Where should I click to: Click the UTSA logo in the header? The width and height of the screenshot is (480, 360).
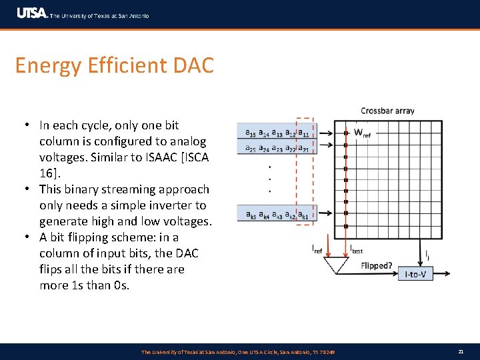[x=32, y=13]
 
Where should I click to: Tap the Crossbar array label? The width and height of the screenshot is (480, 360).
[x=387, y=111]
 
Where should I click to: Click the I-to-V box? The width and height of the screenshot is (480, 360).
[x=415, y=274]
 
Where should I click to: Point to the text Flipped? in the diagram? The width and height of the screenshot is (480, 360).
[x=377, y=265]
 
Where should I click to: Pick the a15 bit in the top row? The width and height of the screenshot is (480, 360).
[x=251, y=132]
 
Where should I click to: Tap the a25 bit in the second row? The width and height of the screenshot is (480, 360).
[x=251, y=147]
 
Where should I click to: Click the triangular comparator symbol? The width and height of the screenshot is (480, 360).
[x=335, y=265]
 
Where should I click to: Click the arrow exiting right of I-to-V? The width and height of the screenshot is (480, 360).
[x=447, y=274]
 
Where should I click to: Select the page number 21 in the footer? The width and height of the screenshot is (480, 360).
[x=461, y=351]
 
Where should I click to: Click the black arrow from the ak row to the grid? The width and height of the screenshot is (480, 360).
[x=328, y=215]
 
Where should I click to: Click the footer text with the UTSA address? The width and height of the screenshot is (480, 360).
[x=238, y=351]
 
